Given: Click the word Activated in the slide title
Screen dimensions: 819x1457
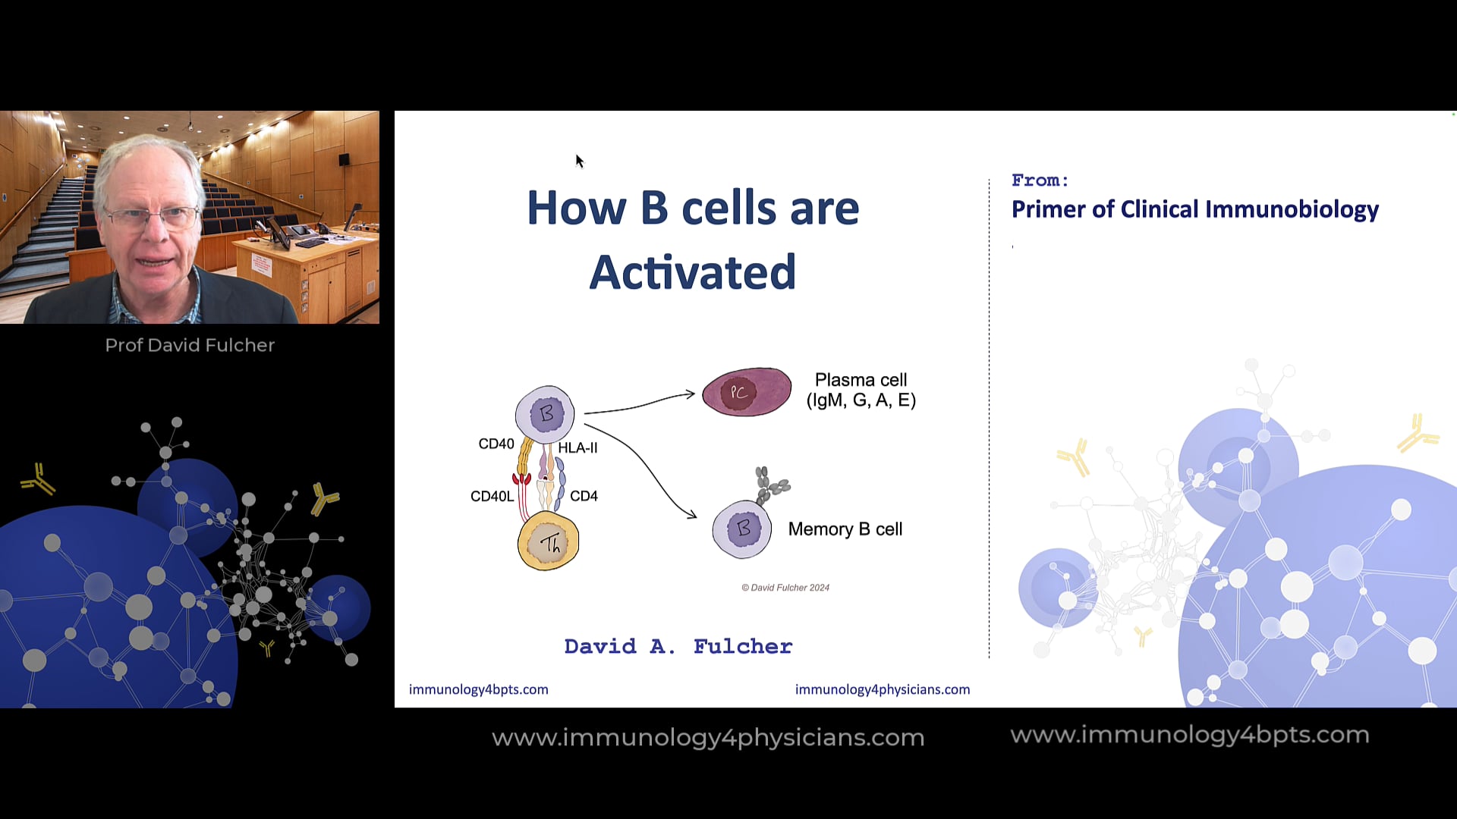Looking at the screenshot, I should [x=692, y=272].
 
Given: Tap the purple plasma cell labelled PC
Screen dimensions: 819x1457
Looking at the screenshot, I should [x=746, y=392].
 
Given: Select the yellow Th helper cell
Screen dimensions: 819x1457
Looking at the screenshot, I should [x=548, y=541].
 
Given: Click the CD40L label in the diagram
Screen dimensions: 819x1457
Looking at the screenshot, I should [x=492, y=496].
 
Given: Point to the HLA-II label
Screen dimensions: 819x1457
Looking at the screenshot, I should [x=577, y=447].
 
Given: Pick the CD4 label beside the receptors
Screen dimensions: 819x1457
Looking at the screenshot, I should [x=584, y=496].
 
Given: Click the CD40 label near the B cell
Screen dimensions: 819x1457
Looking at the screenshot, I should [x=496, y=444].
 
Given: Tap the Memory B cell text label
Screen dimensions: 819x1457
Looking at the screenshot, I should [x=845, y=529].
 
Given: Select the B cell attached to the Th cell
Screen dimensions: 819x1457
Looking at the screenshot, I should [x=545, y=414].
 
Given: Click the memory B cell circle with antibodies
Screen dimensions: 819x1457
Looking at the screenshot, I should [x=742, y=529].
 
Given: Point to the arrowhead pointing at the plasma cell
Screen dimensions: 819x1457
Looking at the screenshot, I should [x=690, y=394].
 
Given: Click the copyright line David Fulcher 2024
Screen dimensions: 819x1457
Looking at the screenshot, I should [x=785, y=588].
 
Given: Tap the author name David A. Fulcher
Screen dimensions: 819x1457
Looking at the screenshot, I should [x=678, y=646].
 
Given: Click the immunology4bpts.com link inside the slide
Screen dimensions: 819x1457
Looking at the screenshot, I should [x=478, y=689].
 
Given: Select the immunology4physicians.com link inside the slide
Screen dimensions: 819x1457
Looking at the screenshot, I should [x=882, y=689].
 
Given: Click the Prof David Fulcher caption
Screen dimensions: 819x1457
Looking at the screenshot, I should [x=190, y=345].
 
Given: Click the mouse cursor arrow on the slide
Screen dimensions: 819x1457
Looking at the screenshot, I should [x=579, y=160].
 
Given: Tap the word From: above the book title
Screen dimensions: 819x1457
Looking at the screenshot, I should [x=1040, y=180].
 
